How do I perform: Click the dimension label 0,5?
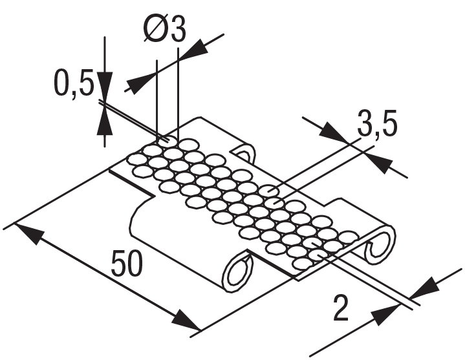72,85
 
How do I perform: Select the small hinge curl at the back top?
245,154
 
